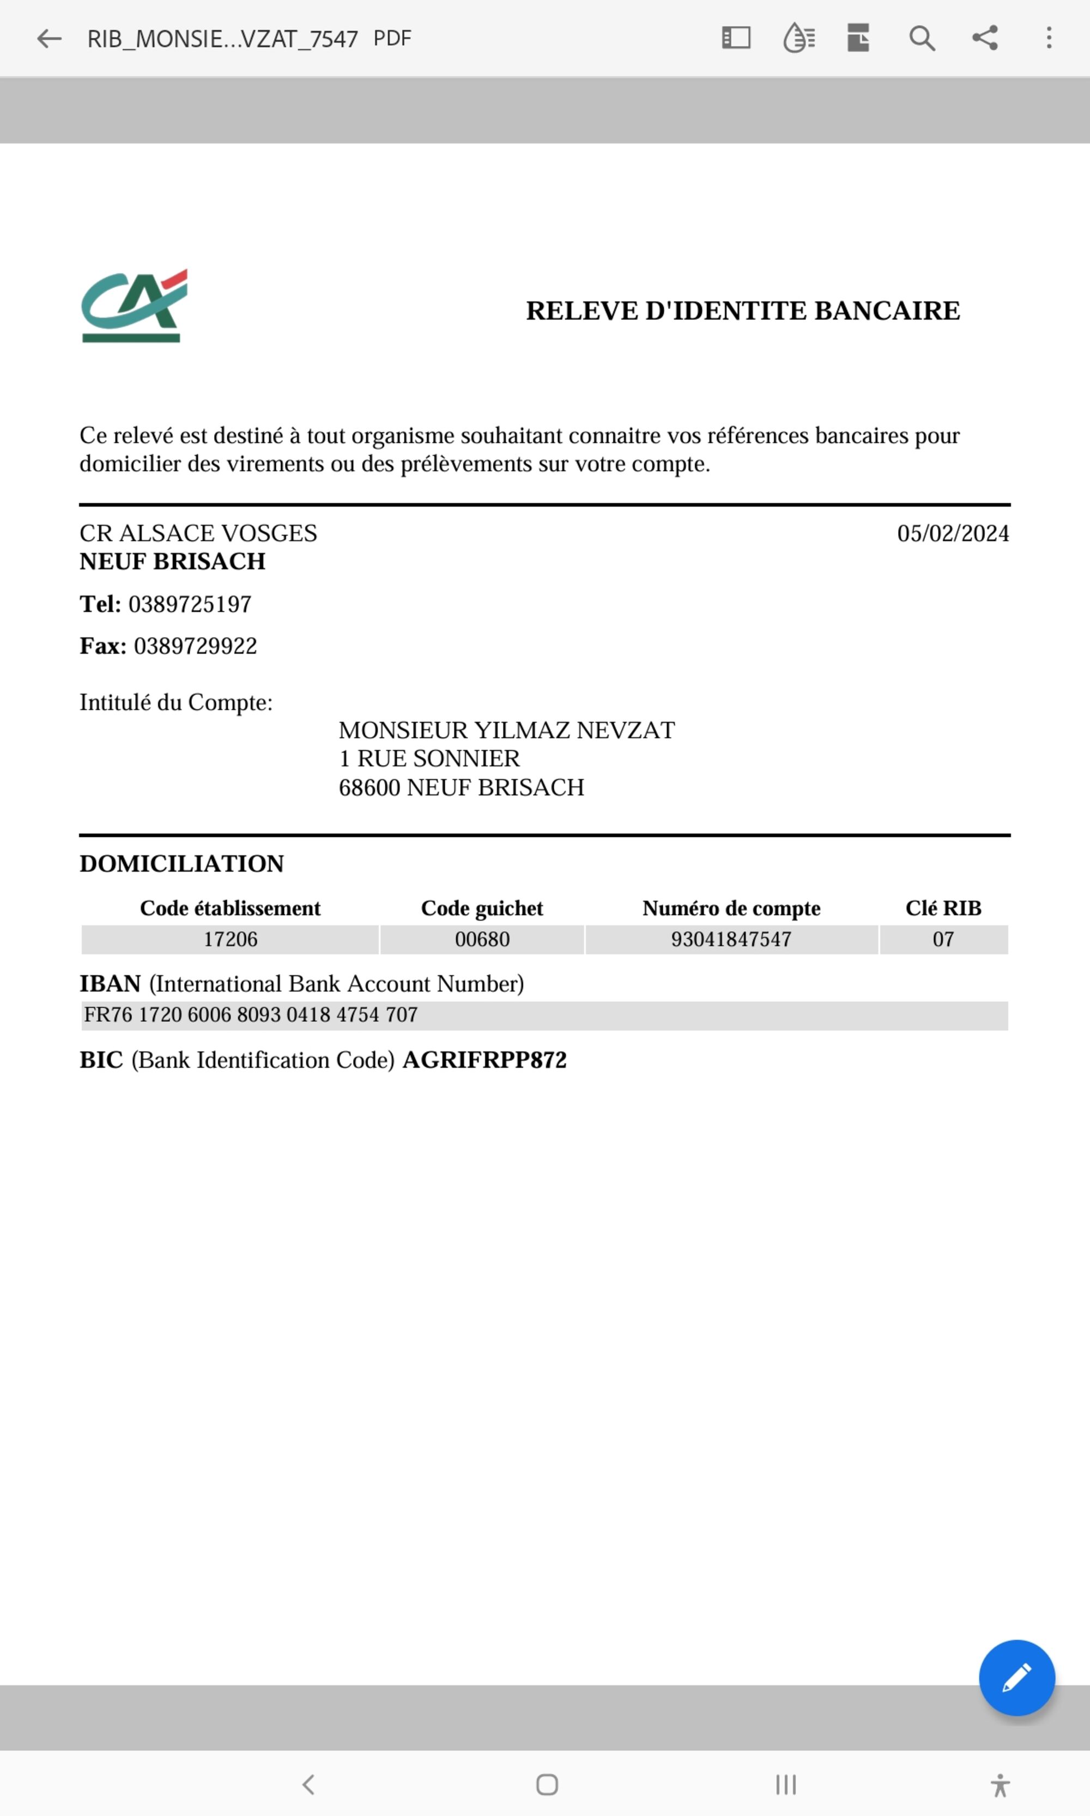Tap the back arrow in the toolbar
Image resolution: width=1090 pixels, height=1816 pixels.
[49, 38]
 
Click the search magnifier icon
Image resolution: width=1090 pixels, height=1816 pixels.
[922, 38]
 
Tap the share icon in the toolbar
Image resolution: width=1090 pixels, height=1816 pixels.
[985, 38]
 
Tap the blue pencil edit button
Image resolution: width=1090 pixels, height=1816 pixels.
[1016, 1677]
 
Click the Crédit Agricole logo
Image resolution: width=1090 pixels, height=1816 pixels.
[135, 306]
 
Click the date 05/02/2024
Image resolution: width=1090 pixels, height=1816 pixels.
[953, 533]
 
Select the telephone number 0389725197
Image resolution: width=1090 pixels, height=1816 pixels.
[190, 604]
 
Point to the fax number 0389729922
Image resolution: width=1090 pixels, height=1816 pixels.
[195, 646]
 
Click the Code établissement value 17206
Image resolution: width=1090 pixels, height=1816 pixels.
[230, 939]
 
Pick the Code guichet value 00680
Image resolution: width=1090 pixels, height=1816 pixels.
[482, 939]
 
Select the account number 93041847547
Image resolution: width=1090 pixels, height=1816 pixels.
[731, 939]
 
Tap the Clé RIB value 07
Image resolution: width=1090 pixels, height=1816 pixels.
[943, 939]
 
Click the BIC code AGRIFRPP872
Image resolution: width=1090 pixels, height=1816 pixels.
[485, 1060]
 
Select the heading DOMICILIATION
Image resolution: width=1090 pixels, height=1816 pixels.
[181, 864]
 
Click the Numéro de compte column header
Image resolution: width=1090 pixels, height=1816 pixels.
[731, 908]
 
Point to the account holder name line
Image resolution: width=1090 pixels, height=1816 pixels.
[506, 730]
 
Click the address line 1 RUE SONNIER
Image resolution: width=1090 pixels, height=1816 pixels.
[429, 758]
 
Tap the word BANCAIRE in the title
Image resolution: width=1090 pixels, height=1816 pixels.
[887, 311]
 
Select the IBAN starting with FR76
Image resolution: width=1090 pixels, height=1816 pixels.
[251, 1015]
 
